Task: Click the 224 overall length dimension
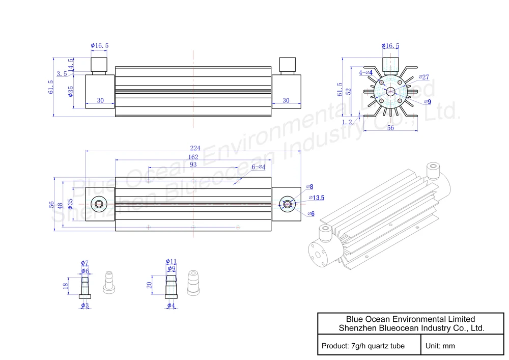point(195,148)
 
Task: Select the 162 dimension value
point(193,157)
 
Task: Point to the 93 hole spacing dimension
point(193,164)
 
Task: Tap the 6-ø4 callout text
point(259,167)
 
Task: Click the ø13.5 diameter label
point(317,198)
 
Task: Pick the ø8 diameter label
point(309,187)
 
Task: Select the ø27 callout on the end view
point(423,77)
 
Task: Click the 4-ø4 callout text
point(365,72)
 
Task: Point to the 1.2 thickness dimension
point(347,122)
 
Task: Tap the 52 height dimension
point(348,92)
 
